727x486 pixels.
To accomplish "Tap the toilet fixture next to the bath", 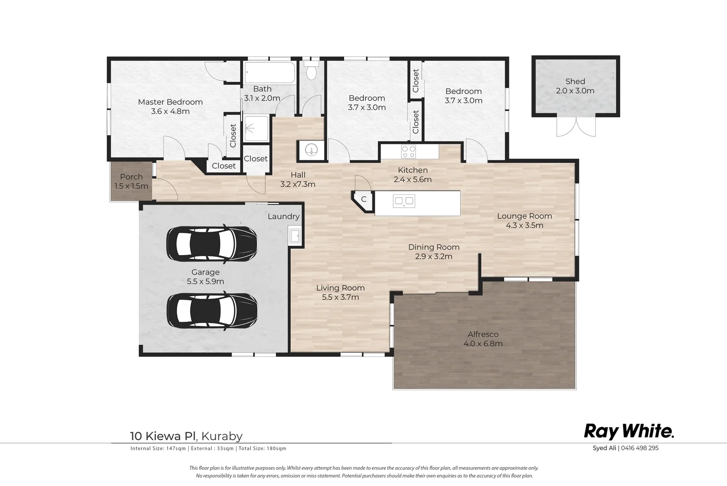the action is click(x=311, y=70).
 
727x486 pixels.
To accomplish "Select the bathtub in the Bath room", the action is click(x=270, y=73).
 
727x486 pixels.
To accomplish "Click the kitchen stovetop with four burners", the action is click(x=408, y=152).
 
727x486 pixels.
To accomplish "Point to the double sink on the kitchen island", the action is click(x=404, y=201).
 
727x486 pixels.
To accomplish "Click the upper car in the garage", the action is click(x=212, y=243).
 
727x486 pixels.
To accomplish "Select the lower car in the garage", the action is click(x=212, y=311).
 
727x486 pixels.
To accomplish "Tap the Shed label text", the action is click(x=575, y=81).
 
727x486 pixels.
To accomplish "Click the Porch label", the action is click(x=132, y=177).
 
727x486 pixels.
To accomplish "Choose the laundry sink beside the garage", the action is click(x=295, y=236).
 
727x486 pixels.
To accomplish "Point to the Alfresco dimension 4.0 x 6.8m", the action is click(x=483, y=344).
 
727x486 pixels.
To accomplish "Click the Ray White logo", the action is click(x=629, y=432).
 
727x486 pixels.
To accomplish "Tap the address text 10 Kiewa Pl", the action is click(x=163, y=436).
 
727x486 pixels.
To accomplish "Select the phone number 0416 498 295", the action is click(x=640, y=448).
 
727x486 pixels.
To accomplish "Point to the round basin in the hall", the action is click(x=311, y=150).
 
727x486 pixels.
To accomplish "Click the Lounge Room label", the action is click(x=524, y=216).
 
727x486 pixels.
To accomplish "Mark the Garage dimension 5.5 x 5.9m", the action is click(x=205, y=282).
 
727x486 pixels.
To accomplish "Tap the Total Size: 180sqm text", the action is click(x=262, y=449).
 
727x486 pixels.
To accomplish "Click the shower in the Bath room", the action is click(x=257, y=129).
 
